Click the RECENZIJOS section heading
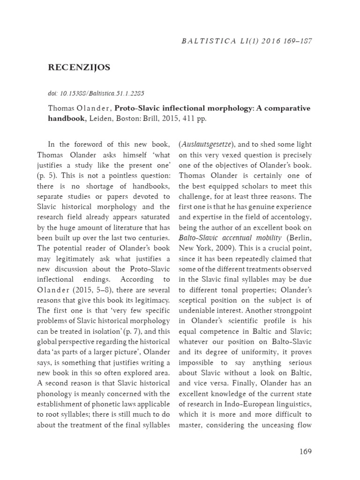point(79,67)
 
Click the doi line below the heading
point(90,92)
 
